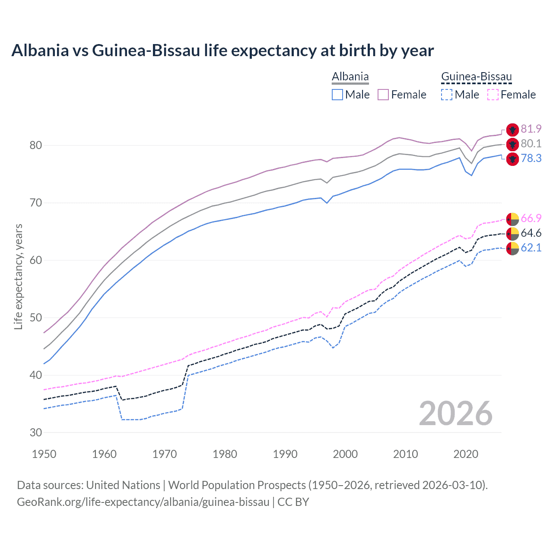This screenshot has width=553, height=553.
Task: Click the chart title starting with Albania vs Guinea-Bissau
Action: pyautogui.click(x=222, y=51)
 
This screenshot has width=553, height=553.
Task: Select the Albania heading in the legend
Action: pyautogui.click(x=350, y=77)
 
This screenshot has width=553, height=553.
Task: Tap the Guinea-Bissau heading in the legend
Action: pyautogui.click(x=476, y=77)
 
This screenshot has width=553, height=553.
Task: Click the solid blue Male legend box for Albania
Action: pyautogui.click(x=337, y=95)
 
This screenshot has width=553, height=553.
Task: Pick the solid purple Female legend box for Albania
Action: pyautogui.click(x=383, y=95)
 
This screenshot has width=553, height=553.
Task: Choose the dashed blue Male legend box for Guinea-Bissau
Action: pyautogui.click(x=447, y=95)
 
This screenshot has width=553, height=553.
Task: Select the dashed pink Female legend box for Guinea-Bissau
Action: pyautogui.click(x=493, y=95)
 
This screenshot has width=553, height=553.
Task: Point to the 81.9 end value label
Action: pyautogui.click(x=531, y=129)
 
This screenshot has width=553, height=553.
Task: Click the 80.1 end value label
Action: pyautogui.click(x=531, y=144)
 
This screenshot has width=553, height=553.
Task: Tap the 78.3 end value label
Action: pyautogui.click(x=531, y=159)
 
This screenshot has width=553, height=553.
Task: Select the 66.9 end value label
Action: pyautogui.click(x=531, y=218)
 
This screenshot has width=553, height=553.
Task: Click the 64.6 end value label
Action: pyautogui.click(x=531, y=233)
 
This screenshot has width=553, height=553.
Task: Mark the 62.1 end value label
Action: pyautogui.click(x=531, y=248)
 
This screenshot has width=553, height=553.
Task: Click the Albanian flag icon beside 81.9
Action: pyautogui.click(x=512, y=130)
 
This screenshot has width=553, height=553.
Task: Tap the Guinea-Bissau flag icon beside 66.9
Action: pyautogui.click(x=512, y=219)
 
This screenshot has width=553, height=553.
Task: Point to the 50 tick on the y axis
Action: pyautogui.click(x=36, y=318)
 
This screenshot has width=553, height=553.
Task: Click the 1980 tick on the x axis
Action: pyautogui.click(x=225, y=454)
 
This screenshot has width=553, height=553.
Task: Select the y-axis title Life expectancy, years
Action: pyautogui.click(x=18, y=276)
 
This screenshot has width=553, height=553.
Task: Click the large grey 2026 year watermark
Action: pyautogui.click(x=455, y=413)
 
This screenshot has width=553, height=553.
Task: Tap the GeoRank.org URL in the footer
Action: pyautogui.click(x=143, y=502)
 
